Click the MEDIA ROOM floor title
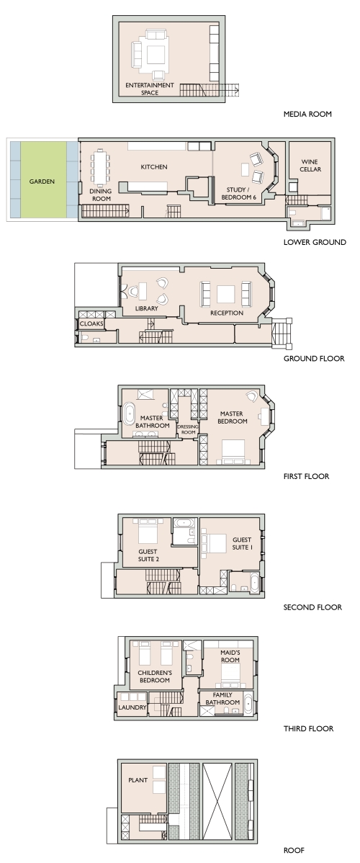[x=307, y=115]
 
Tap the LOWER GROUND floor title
[x=315, y=242]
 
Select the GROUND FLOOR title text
[x=314, y=359]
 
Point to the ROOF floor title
[x=294, y=850]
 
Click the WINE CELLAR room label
[x=310, y=166]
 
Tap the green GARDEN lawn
[x=43, y=181]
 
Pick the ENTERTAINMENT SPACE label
[x=149, y=89]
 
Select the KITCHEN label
[x=154, y=167]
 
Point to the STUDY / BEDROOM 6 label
[x=239, y=193]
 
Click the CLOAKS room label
[x=91, y=324]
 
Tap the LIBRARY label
[x=146, y=309]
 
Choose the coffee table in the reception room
[x=225, y=294]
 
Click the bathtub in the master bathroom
[x=130, y=414]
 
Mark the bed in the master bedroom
[x=236, y=452]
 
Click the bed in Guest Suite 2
[x=148, y=530]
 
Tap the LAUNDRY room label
[x=132, y=707]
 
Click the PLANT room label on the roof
[x=138, y=780]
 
